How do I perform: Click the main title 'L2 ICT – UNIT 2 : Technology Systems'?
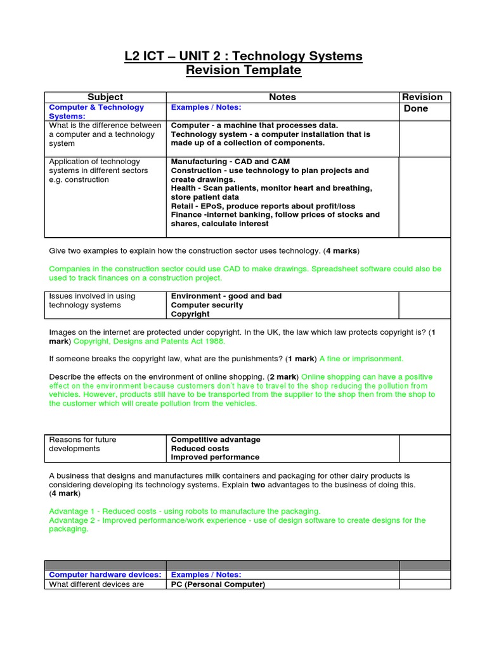(243, 56)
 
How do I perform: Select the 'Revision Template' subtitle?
(243, 70)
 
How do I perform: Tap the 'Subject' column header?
(105, 97)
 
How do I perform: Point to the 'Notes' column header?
(282, 97)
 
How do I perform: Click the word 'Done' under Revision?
(416, 108)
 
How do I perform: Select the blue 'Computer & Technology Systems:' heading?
(96, 112)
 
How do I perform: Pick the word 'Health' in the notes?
(185, 188)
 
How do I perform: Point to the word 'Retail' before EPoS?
(183, 206)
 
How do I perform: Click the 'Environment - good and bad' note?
(226, 296)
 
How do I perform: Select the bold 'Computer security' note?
(207, 305)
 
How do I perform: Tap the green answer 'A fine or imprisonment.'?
(361, 358)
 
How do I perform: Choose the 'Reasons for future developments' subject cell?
(82, 444)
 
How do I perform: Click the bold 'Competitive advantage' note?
(216, 439)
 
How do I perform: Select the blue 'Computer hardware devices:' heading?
(105, 574)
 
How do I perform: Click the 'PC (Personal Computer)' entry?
(218, 584)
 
